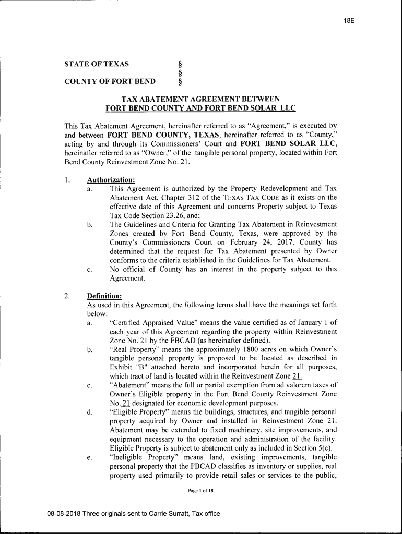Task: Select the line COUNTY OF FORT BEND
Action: coord(110,81)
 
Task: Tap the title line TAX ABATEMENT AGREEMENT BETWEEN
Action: coord(200,99)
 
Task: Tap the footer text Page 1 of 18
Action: coord(201,491)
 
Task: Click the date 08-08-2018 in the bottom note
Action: coord(64,514)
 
